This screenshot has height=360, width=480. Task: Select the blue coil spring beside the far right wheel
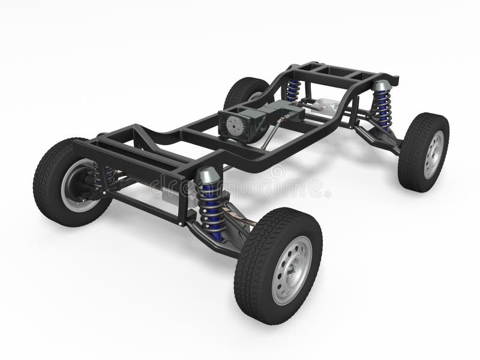click(x=380, y=108)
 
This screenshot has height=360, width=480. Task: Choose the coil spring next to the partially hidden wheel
click(x=293, y=89)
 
